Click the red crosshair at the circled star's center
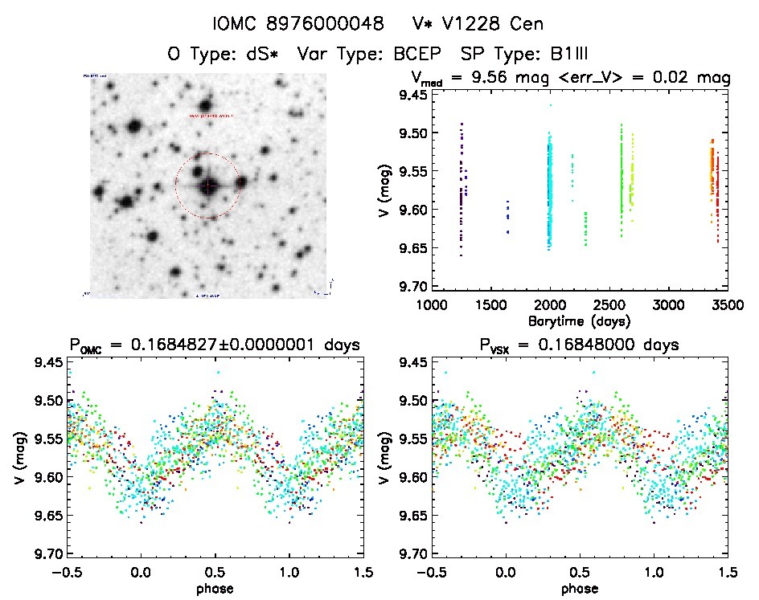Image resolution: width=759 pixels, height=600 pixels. coord(208,186)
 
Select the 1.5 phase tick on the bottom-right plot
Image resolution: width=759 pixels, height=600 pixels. coord(727,572)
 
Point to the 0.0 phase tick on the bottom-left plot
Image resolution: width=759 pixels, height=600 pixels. coord(141,572)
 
